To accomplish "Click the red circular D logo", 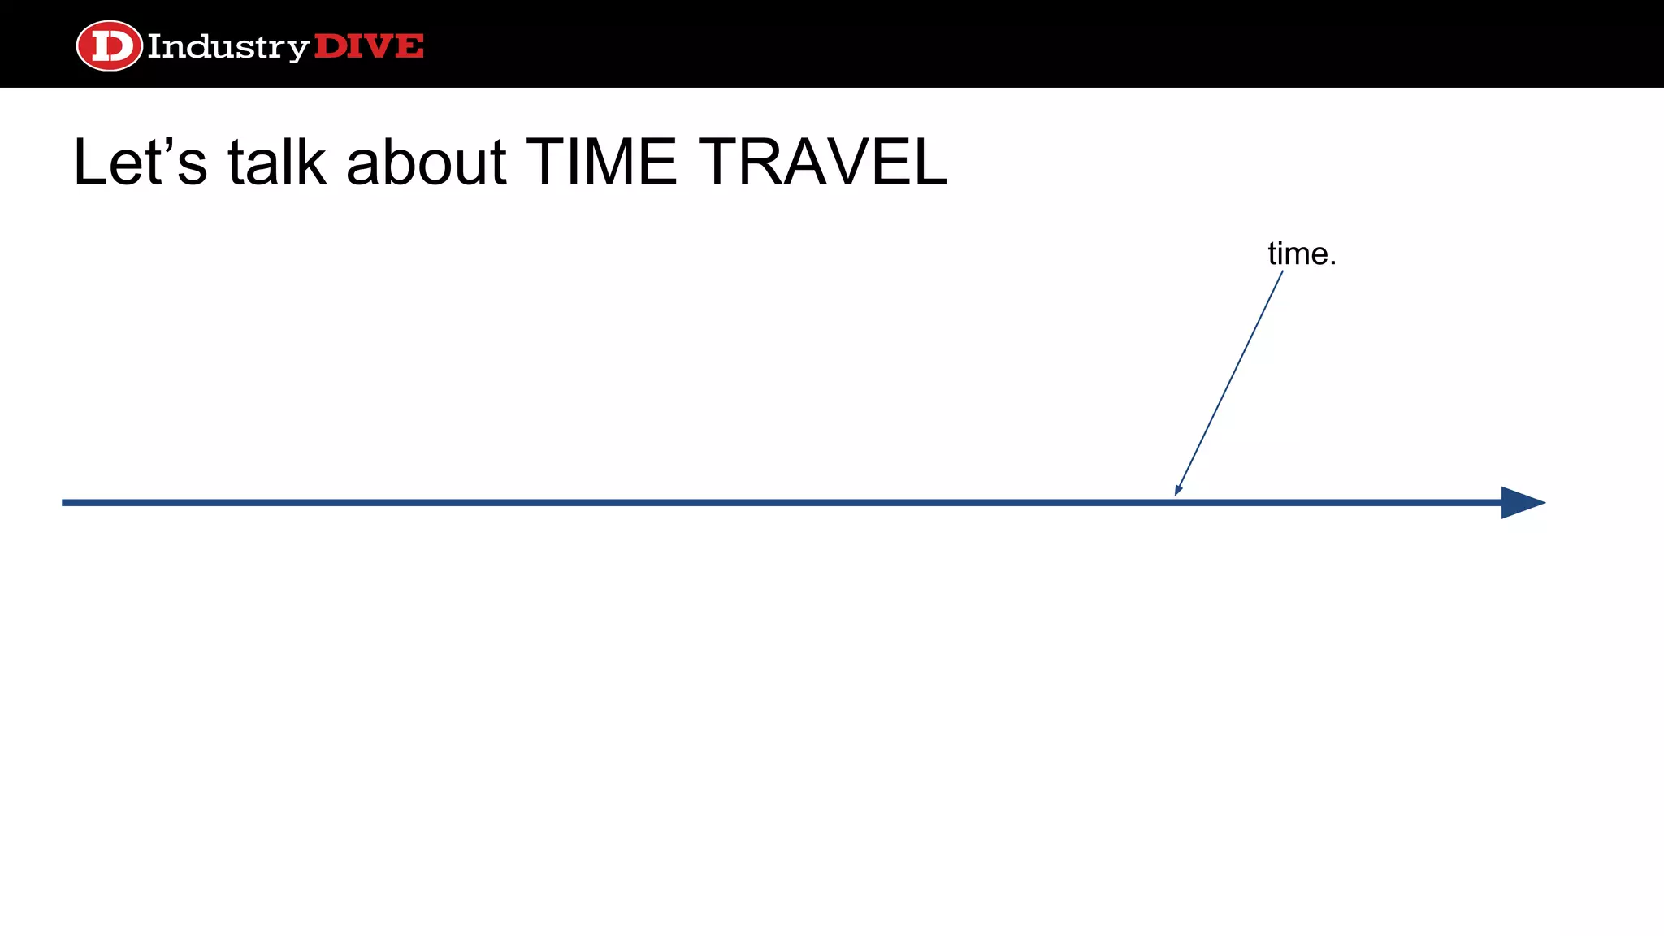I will click(109, 45).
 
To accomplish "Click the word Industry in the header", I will click(227, 47).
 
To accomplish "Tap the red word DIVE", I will click(369, 46).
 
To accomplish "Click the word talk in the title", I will click(277, 162).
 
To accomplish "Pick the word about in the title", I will click(427, 162).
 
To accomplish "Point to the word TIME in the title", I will click(601, 162).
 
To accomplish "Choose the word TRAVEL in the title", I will click(822, 162).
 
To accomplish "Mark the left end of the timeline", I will click(64, 503).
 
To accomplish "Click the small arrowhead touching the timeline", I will click(1178, 489).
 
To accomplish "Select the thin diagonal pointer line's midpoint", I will click(1229, 383).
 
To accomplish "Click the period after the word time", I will click(1332, 263).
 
